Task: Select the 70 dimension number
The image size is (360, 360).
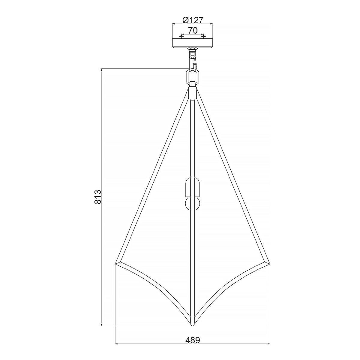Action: coord(193,30)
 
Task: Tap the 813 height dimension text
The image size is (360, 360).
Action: coord(97,197)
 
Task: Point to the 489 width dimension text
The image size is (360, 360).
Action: coord(192,349)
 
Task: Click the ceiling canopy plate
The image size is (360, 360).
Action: coord(192,43)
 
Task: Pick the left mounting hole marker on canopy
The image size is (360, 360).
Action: coord(181,37)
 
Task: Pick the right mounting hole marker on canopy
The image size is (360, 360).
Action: coord(204,37)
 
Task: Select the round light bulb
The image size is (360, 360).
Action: coord(192,204)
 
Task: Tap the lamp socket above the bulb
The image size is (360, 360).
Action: coord(192,186)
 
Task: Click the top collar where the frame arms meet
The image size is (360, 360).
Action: coord(192,92)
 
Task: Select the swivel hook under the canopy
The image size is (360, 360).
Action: coord(192,58)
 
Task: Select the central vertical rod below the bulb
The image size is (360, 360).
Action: coord(192,264)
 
